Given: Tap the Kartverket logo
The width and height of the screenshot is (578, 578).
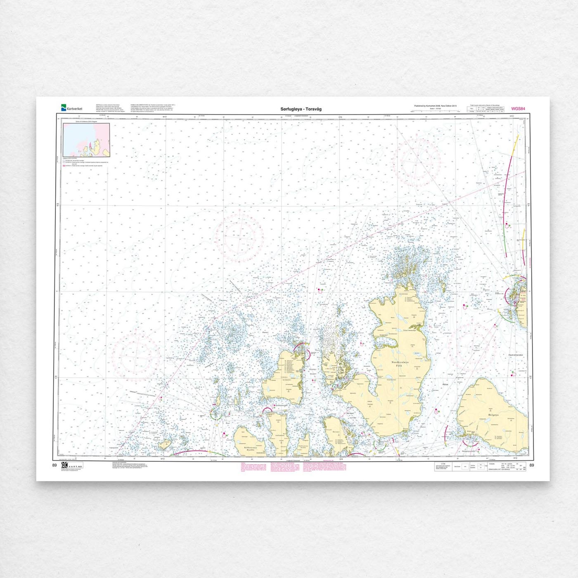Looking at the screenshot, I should pyautogui.click(x=72, y=108).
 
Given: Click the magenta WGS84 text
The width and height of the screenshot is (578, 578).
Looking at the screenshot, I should pyautogui.click(x=518, y=109).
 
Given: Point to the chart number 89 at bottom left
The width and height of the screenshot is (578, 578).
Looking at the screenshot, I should pyautogui.click(x=54, y=465).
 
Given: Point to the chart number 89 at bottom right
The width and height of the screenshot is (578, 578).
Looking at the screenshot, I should pyautogui.click(x=531, y=465).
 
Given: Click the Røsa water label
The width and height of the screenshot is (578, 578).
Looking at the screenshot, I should pyautogui.click(x=445, y=384).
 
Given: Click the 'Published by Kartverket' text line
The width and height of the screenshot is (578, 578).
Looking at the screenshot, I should pyautogui.click(x=435, y=106).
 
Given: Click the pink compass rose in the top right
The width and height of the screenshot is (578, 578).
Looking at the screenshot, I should pyautogui.click(x=417, y=159).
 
